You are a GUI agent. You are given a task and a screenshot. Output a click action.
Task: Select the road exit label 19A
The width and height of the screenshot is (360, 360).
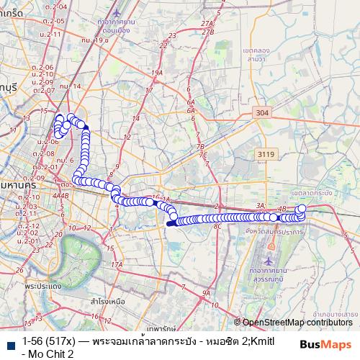click(157, 73)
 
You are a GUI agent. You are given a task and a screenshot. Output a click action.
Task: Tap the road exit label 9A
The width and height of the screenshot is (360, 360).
click(206, 293)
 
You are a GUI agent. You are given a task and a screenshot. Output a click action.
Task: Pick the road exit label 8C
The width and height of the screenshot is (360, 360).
click(217, 226)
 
